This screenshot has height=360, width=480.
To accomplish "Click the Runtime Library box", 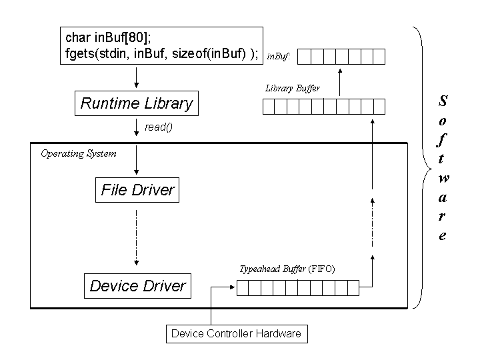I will coord(136,103).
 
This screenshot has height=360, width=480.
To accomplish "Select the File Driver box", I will coord(137,190).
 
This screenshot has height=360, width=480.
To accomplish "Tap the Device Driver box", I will coord(137,286).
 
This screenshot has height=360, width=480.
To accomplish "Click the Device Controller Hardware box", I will coord(236,333).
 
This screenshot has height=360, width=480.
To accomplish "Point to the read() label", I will coord(158,127).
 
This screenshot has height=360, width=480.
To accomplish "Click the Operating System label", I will coord(78,153).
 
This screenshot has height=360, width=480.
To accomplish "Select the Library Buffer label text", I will coord(292,88).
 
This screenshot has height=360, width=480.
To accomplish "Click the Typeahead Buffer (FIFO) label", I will coord(287,269).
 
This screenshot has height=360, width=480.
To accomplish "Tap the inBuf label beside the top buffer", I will coord(278,57).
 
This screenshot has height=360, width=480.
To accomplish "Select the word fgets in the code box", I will coord(80,54).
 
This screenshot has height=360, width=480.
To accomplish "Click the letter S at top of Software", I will coord(443,101).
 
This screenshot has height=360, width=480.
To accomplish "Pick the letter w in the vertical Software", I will coord(443,178).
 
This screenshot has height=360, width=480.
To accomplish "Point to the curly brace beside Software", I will coord(419,167).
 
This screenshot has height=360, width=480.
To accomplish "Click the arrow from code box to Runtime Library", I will coord(136,77).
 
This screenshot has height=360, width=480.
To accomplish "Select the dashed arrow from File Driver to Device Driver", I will coord(136,237).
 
